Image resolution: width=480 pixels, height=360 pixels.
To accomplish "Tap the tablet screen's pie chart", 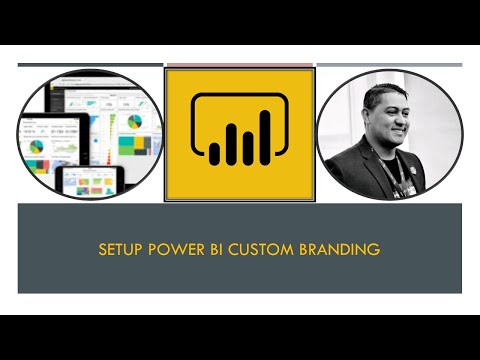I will pos(37,146).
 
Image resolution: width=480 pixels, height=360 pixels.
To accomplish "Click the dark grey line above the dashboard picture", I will pos(90,65).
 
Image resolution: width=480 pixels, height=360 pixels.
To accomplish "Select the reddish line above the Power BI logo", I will pos(239,65).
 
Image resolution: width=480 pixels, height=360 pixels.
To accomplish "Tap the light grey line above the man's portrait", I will pos(389,65).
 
